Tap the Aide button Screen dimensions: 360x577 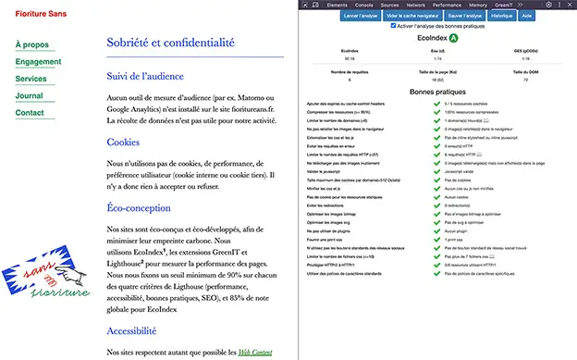click(526, 16)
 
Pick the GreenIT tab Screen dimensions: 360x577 click(497, 5)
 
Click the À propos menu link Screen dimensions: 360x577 click(32, 44)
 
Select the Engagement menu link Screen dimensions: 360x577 click(38, 62)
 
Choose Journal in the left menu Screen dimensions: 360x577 click(30, 96)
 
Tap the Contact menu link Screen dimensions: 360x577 click(30, 113)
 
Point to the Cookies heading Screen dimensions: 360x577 click(123, 143)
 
